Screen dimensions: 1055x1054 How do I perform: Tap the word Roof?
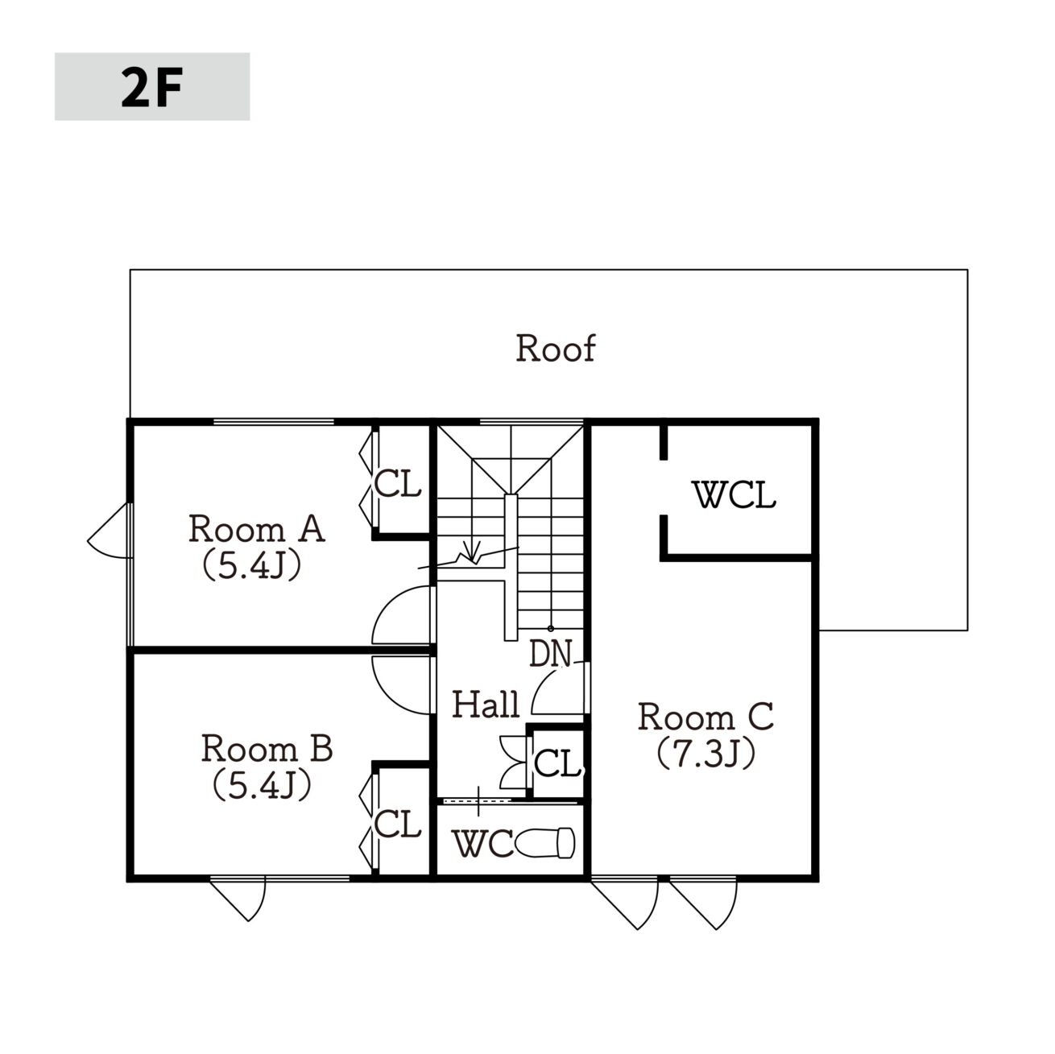(555, 348)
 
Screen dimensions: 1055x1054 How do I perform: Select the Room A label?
(257, 529)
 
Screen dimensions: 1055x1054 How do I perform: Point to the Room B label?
(267, 748)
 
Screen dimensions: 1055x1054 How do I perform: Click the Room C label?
(705, 716)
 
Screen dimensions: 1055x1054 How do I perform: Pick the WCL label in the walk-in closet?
(734, 494)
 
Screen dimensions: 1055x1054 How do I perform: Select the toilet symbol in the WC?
(544, 843)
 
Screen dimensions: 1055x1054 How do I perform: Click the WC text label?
(483, 844)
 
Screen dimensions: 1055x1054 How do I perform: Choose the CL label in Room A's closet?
(398, 484)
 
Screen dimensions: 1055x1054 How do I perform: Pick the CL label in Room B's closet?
(398, 823)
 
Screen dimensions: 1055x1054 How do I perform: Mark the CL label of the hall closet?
(556, 763)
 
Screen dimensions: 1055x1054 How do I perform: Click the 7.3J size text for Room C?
(705, 754)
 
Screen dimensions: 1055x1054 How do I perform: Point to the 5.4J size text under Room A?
(252, 565)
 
